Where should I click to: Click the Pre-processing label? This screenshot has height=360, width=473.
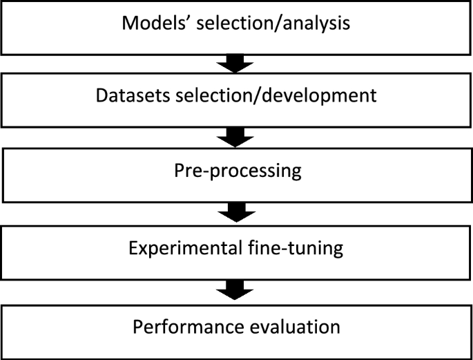pyautogui.click(x=237, y=170)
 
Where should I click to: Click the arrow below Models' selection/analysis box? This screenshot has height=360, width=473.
pyautogui.click(x=237, y=64)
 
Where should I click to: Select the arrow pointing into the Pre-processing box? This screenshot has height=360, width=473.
pyautogui.click(x=237, y=138)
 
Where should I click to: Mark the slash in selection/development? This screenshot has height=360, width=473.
pyautogui.click(x=259, y=95)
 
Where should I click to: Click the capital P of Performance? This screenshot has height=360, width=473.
pyautogui.click(x=137, y=325)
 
